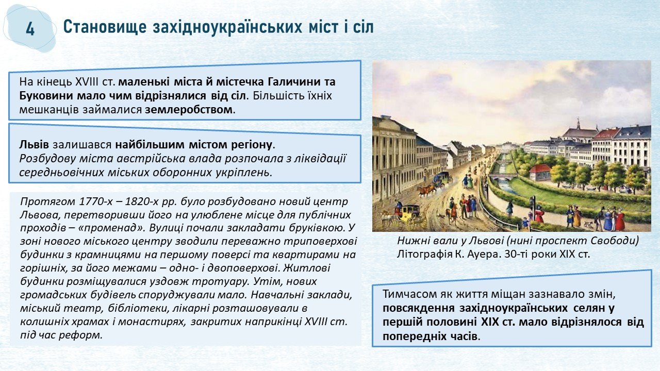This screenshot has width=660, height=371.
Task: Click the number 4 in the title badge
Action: tap(30, 29)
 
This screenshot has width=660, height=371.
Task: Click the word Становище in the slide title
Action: tap(105, 27)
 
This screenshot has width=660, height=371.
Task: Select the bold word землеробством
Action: tap(189, 110)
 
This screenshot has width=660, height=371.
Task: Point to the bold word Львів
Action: tap(34, 145)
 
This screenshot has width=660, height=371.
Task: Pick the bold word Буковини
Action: tap(46, 96)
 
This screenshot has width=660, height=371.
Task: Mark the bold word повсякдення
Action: tap(419, 308)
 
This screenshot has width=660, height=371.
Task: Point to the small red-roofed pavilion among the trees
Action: tap(540, 172)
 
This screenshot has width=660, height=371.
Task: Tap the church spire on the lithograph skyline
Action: tap(579, 124)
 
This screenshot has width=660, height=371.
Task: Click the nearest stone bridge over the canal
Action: tap(503, 176)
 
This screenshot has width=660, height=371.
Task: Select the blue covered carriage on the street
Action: tap(442, 178)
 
